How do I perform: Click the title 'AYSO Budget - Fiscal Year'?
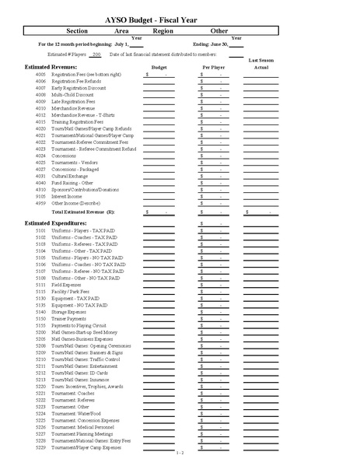[180, 15]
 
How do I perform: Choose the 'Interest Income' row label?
[68, 196]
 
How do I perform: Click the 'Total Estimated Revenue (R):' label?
[83, 212]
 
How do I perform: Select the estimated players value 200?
[96, 54]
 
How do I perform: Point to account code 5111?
[41, 284]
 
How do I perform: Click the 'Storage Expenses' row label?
[71, 310]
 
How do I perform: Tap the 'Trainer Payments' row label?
[70, 317]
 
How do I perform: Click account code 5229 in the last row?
[41, 447]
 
